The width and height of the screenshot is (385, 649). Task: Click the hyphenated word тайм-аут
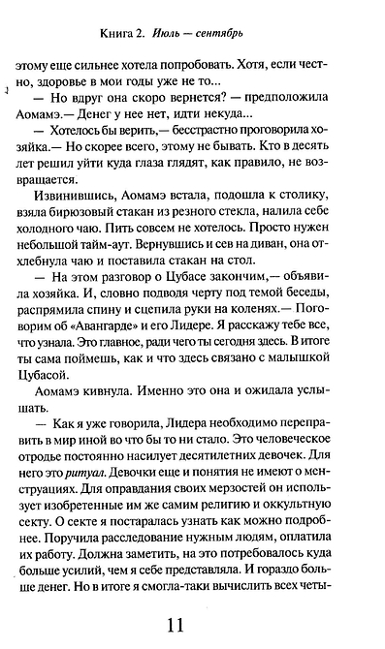138,272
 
